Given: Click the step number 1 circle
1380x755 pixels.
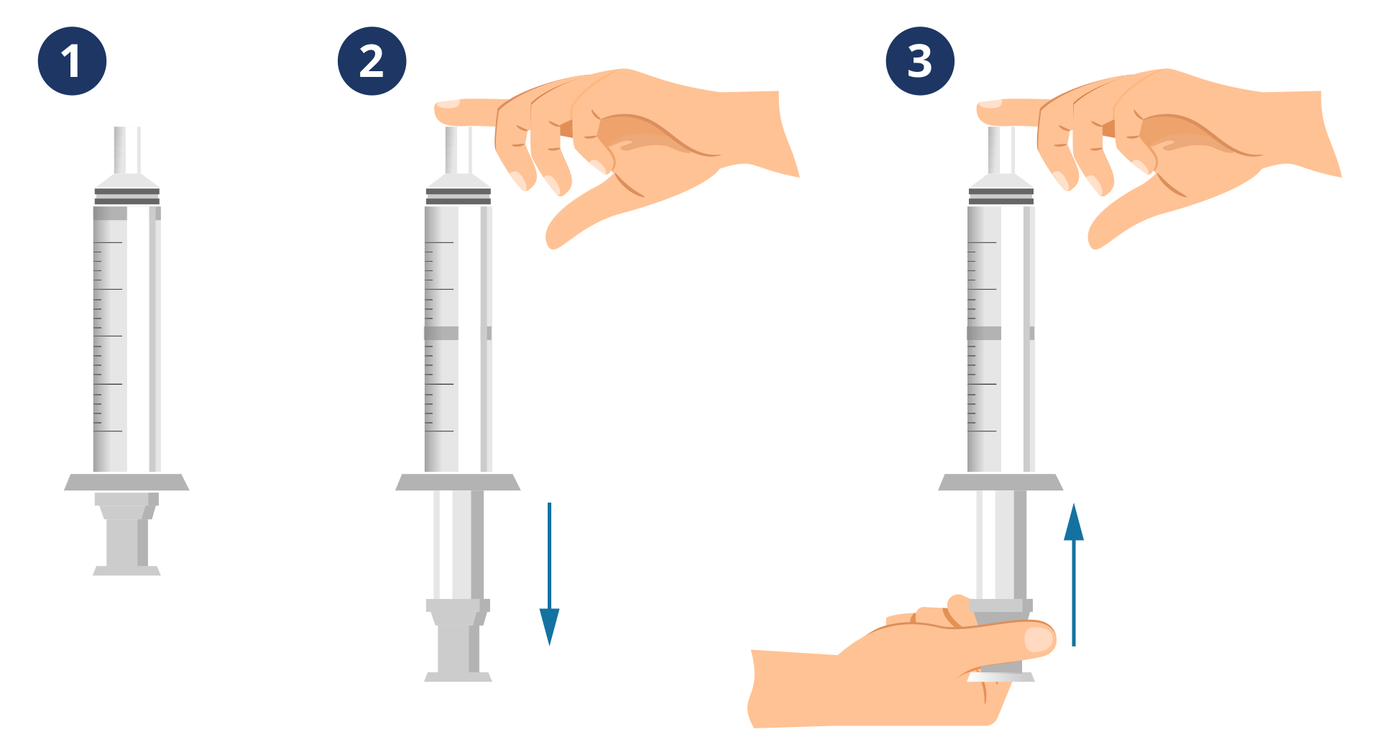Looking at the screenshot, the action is [72, 61].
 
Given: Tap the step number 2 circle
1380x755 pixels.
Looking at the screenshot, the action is [372, 61].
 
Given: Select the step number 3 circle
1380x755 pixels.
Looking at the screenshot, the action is [920, 61].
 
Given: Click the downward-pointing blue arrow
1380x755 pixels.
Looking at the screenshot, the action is [549, 574].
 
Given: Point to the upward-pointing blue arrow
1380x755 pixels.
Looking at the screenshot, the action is [1074, 574].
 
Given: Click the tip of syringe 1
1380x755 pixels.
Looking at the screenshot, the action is [127, 150].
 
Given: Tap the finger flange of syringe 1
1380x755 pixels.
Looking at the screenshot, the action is [126, 482].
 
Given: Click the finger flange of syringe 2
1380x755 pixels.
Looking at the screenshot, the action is [458, 482].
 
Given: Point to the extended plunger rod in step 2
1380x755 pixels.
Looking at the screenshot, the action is [458, 545].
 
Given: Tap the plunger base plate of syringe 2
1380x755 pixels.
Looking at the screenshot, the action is [458, 677].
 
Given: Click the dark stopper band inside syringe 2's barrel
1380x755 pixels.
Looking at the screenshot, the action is [458, 333].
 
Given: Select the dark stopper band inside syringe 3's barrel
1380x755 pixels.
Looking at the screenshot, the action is [1000, 333].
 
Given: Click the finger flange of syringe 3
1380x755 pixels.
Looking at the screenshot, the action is [1000, 482].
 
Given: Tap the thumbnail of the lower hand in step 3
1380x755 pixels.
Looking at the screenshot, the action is [1038, 639].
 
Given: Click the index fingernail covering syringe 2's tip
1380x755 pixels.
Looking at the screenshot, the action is [448, 104].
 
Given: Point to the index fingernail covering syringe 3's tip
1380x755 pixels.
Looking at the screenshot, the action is [990, 104].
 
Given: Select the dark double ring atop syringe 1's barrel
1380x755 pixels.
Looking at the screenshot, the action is [127, 196].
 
